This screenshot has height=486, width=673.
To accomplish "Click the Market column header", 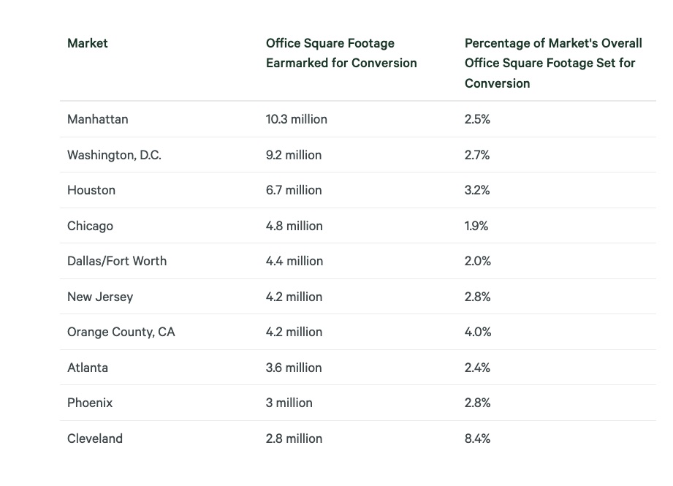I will click(x=87, y=43).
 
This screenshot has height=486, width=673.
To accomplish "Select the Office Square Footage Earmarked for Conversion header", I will click(x=341, y=53).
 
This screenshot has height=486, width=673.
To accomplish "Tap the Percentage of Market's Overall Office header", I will click(x=552, y=63).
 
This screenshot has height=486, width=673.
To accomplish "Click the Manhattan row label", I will click(x=97, y=119).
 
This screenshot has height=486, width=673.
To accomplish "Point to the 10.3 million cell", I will click(x=296, y=119).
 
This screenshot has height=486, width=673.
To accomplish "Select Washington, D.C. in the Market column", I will click(x=114, y=155).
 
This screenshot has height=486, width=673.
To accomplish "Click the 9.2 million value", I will click(x=293, y=155).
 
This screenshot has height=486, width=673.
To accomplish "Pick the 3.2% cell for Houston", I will click(x=476, y=190).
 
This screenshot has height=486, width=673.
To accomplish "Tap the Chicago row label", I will click(x=90, y=226).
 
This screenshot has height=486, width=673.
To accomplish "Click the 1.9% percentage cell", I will click(x=476, y=226).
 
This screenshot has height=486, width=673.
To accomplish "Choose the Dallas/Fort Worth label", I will click(x=116, y=261).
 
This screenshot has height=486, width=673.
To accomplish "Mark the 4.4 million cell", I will click(x=294, y=261).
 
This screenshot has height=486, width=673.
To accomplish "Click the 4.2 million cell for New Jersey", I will click(x=294, y=297).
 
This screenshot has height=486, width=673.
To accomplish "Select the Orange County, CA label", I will click(x=121, y=332).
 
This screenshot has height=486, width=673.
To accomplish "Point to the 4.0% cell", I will click(x=477, y=332).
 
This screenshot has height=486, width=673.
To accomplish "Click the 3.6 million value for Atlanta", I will click(x=294, y=368).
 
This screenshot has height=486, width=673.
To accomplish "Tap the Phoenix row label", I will click(x=89, y=403).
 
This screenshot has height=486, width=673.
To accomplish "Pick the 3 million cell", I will click(x=289, y=403).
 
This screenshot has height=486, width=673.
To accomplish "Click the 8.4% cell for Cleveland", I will click(x=477, y=438).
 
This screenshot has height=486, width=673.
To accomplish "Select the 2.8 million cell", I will click(x=294, y=438).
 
